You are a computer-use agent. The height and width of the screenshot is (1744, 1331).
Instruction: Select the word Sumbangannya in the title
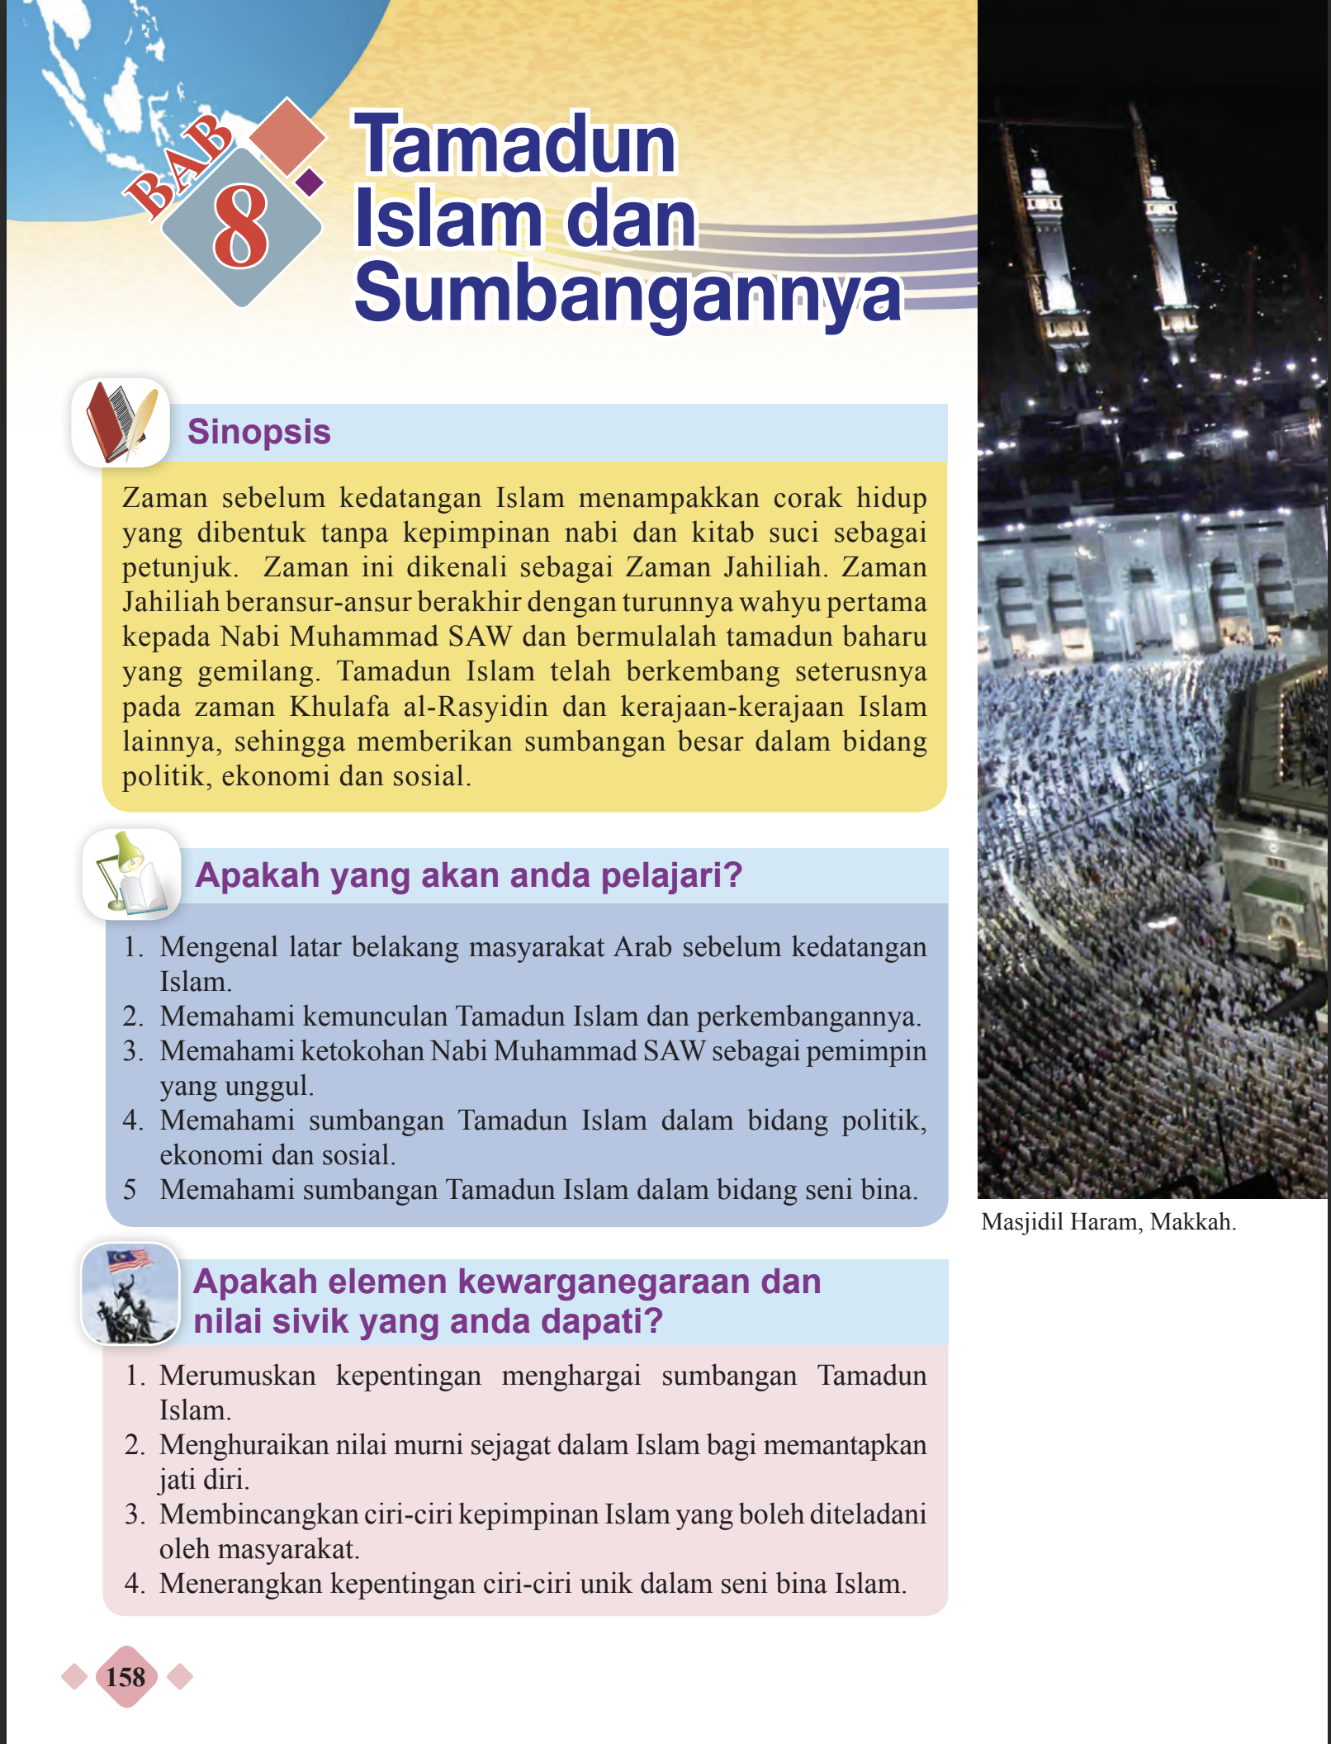[628, 293]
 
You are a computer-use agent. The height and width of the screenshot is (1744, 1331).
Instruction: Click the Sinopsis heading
[258, 432]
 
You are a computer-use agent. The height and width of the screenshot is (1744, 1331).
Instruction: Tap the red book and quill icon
[121, 422]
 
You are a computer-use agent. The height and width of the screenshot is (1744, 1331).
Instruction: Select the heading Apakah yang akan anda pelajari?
[468, 875]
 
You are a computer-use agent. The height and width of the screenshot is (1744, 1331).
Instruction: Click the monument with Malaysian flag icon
[130, 1293]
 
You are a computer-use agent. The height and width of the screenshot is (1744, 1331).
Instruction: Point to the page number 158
[126, 1677]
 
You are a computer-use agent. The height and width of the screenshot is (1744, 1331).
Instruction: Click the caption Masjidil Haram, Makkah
[1108, 1222]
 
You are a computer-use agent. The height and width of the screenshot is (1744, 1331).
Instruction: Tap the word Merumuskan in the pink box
[237, 1376]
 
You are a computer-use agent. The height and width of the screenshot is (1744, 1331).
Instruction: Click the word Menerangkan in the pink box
[240, 1584]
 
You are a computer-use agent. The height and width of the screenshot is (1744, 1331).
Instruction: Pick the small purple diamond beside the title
[309, 182]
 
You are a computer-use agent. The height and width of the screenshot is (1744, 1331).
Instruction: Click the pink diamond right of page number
[180, 1677]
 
